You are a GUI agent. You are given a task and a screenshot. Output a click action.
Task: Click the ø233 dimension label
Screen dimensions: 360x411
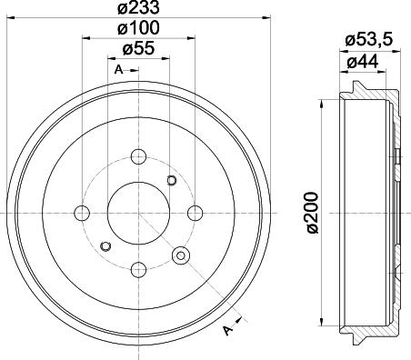click(137, 8)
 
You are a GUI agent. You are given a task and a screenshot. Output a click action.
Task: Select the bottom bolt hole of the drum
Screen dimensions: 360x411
click(138, 268)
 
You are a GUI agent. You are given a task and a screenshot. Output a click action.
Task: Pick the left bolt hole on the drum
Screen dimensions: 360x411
click(82, 212)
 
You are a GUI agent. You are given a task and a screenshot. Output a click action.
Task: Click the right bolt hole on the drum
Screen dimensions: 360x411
click(195, 212)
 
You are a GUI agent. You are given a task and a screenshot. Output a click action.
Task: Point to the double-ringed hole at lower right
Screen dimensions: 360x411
click(182, 255)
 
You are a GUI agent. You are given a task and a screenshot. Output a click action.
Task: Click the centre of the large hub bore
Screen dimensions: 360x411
click(138, 212)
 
